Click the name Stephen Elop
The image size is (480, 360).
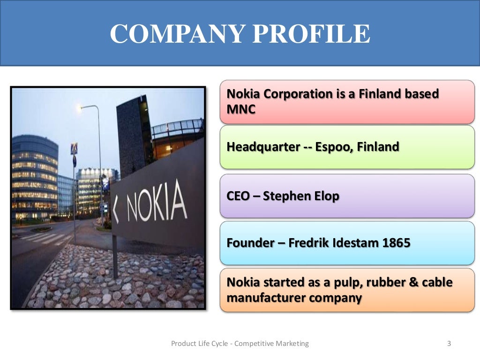pos(301,196)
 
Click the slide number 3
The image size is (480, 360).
pos(449,344)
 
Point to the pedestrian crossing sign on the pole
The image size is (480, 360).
pos(74,149)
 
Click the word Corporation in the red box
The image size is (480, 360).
pos(303,94)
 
